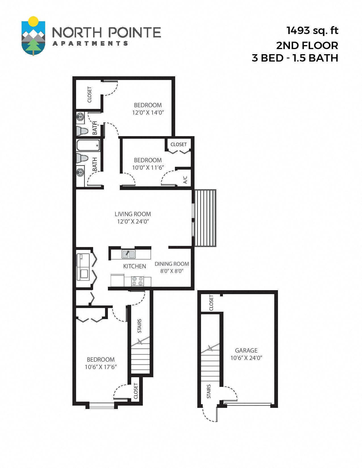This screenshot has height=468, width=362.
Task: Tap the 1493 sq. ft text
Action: [x=312, y=30]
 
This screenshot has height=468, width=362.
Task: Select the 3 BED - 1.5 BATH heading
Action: [x=295, y=58]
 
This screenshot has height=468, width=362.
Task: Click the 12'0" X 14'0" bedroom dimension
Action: [x=148, y=113]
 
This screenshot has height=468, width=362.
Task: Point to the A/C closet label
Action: [x=185, y=180]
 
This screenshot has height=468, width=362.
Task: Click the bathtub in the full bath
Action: [x=88, y=145]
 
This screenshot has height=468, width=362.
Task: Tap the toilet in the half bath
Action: [x=82, y=131]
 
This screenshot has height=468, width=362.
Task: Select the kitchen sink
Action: [x=129, y=254]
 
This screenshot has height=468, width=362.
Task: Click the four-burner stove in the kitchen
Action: [x=137, y=281]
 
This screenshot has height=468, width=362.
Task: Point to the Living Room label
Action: [x=133, y=214]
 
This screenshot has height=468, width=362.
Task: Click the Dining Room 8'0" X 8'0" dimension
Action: [x=172, y=271]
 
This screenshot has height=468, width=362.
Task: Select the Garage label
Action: [x=246, y=350]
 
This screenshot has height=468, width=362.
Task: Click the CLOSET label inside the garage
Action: [x=211, y=303]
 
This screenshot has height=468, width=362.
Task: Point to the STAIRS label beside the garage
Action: [x=209, y=391]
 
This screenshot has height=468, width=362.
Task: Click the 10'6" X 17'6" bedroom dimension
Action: [x=101, y=367]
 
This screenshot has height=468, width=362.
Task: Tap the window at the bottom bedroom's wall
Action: [x=102, y=406]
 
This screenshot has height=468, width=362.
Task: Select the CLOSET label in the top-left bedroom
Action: [x=89, y=94]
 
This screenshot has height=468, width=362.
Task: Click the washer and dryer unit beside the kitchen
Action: [x=83, y=267]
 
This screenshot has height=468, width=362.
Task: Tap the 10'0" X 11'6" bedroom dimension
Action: [x=148, y=168]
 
